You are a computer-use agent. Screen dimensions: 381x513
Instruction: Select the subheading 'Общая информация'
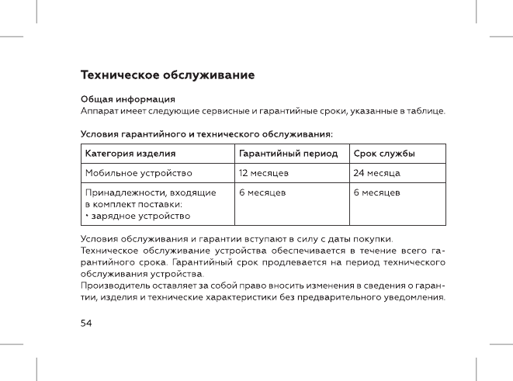pyautogui.click(x=128, y=99)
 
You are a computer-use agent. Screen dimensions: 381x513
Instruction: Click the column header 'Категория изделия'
pyautogui.click(x=130, y=154)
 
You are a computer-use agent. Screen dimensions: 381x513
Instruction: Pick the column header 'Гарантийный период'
pyautogui.click(x=288, y=154)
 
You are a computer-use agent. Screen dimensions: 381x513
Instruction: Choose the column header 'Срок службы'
pyautogui.click(x=383, y=154)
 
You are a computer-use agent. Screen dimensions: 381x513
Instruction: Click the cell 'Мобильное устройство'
pyautogui.click(x=137, y=172)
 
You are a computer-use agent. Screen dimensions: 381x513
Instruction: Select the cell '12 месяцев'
pyautogui.click(x=264, y=172)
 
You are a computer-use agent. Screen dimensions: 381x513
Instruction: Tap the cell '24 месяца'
pyautogui.click(x=376, y=172)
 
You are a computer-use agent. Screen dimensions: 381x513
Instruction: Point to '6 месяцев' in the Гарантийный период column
pyautogui.click(x=262, y=191)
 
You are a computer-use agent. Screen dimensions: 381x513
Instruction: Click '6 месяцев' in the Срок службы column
pyautogui.click(x=376, y=191)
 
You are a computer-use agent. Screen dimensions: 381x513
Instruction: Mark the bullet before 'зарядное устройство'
pyautogui.click(x=86, y=215)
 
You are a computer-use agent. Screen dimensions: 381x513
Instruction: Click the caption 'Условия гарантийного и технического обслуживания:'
pyautogui.click(x=207, y=134)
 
